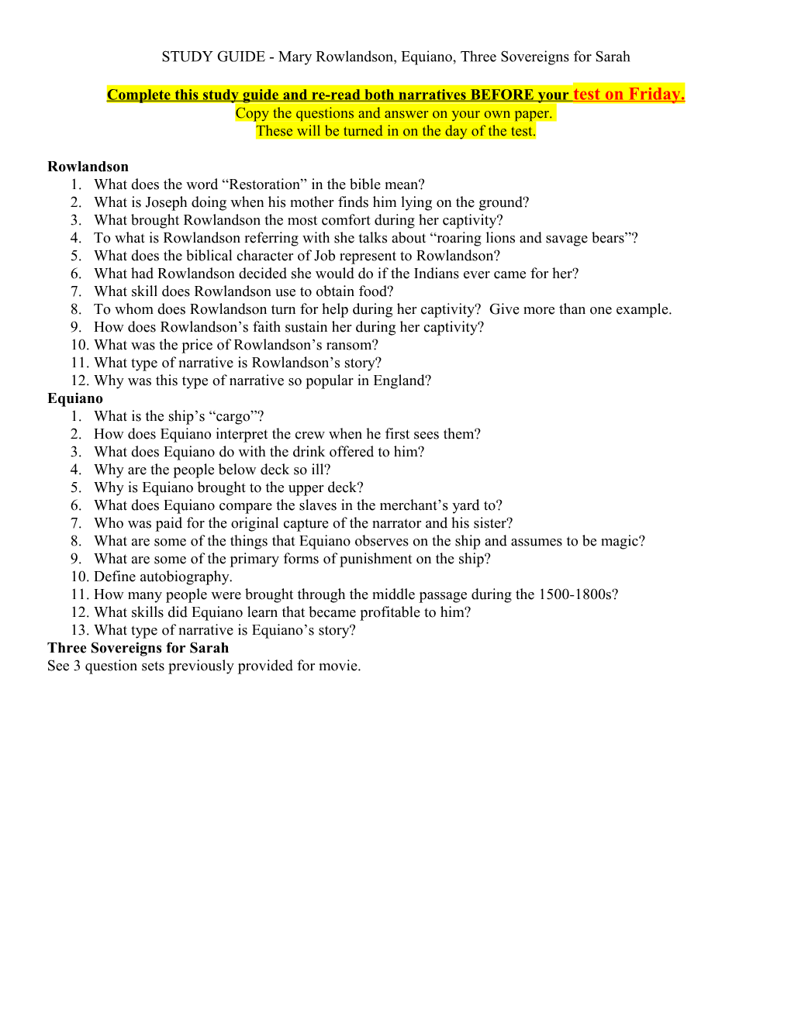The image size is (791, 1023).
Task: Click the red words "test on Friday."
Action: (x=628, y=94)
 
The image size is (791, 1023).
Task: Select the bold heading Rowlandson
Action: (x=88, y=167)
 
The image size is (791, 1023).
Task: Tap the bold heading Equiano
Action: (x=75, y=398)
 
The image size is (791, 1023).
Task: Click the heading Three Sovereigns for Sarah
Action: (x=138, y=648)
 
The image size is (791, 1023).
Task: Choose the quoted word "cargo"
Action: (x=233, y=416)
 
